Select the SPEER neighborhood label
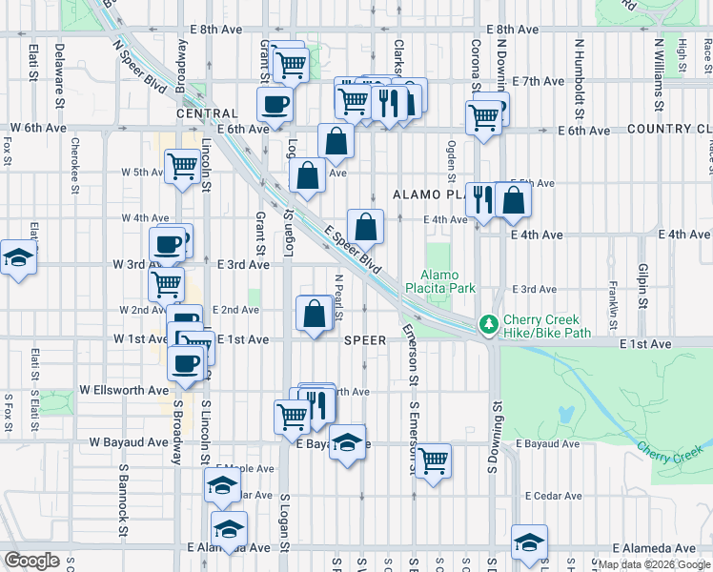point(365,340)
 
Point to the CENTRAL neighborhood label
point(206,113)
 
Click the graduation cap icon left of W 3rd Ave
point(17,258)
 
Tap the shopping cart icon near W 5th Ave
point(182,166)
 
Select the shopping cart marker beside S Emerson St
point(434,461)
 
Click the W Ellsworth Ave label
point(124,390)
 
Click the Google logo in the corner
point(32,561)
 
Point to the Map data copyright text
point(654,564)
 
